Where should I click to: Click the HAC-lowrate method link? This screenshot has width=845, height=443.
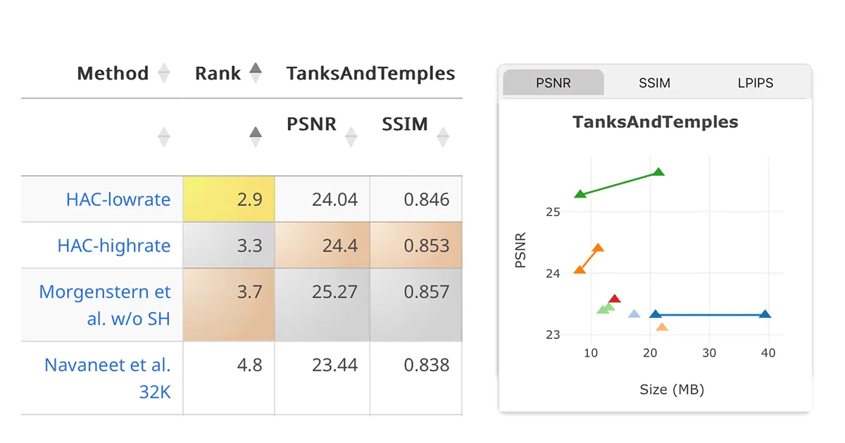[118, 199]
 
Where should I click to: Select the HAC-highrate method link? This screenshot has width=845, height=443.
[114, 245]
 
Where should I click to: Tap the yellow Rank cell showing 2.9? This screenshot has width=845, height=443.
[229, 199]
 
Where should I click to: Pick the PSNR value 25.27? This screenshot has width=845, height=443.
[334, 291]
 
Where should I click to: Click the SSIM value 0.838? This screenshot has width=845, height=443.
[427, 365]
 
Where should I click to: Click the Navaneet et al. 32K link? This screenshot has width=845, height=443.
[108, 378]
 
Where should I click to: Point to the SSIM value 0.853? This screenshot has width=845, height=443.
[427, 245]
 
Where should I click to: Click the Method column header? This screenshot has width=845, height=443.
[113, 73]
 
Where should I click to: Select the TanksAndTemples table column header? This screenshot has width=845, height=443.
[370, 73]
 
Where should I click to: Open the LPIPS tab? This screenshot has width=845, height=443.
[756, 83]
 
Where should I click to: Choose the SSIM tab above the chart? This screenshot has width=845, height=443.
[654, 83]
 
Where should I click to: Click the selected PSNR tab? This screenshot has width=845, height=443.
[553, 83]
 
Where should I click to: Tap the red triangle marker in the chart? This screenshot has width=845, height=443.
[614, 300]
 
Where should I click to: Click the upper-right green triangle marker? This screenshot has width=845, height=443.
[658, 172]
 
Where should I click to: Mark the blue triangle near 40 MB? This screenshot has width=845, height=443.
[765, 314]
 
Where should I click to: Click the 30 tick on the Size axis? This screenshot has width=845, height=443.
[709, 353]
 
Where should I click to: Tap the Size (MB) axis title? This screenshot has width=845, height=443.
[672, 389]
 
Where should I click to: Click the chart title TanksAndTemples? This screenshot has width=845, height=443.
[656, 122]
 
